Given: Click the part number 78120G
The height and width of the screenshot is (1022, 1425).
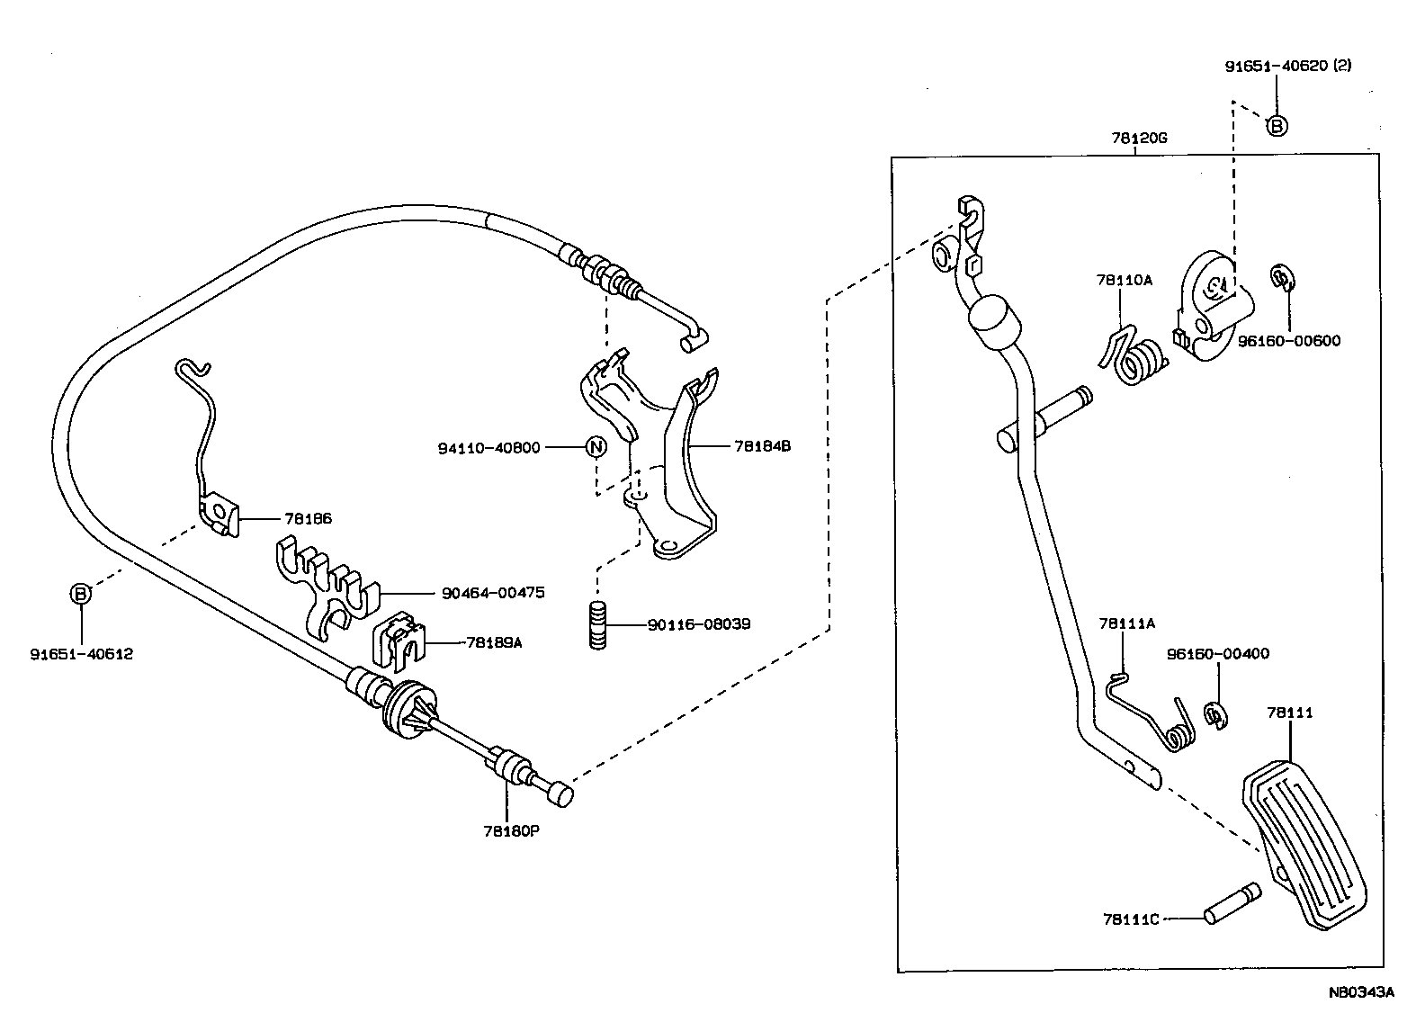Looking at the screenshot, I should click(x=1138, y=139).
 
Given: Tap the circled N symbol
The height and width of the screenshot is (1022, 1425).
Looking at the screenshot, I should click(x=596, y=446).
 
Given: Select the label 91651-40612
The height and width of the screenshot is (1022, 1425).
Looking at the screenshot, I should click(x=81, y=654).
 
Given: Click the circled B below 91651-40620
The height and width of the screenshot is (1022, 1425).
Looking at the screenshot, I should click(x=1277, y=126).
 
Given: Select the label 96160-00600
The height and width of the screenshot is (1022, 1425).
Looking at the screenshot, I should click(x=1289, y=341).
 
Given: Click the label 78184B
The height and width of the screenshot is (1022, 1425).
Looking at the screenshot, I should click(x=762, y=445).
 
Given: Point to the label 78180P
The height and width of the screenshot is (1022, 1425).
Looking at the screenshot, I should click(x=510, y=830).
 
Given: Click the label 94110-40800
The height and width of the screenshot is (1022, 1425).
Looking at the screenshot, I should click(x=489, y=447).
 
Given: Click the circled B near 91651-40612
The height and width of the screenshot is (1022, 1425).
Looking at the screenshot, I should click(x=81, y=594).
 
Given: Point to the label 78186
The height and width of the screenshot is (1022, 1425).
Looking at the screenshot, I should click(x=308, y=519).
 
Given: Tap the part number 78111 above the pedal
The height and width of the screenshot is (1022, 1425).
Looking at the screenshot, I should click(x=1290, y=713).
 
